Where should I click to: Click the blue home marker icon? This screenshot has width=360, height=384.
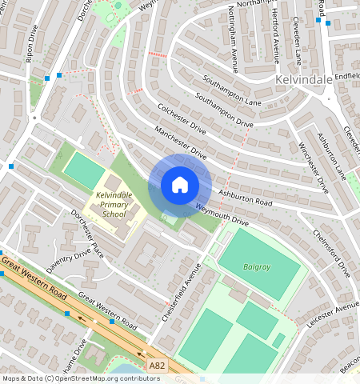180,185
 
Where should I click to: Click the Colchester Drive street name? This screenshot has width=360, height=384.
181,120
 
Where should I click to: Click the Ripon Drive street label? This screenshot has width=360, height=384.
30,48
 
